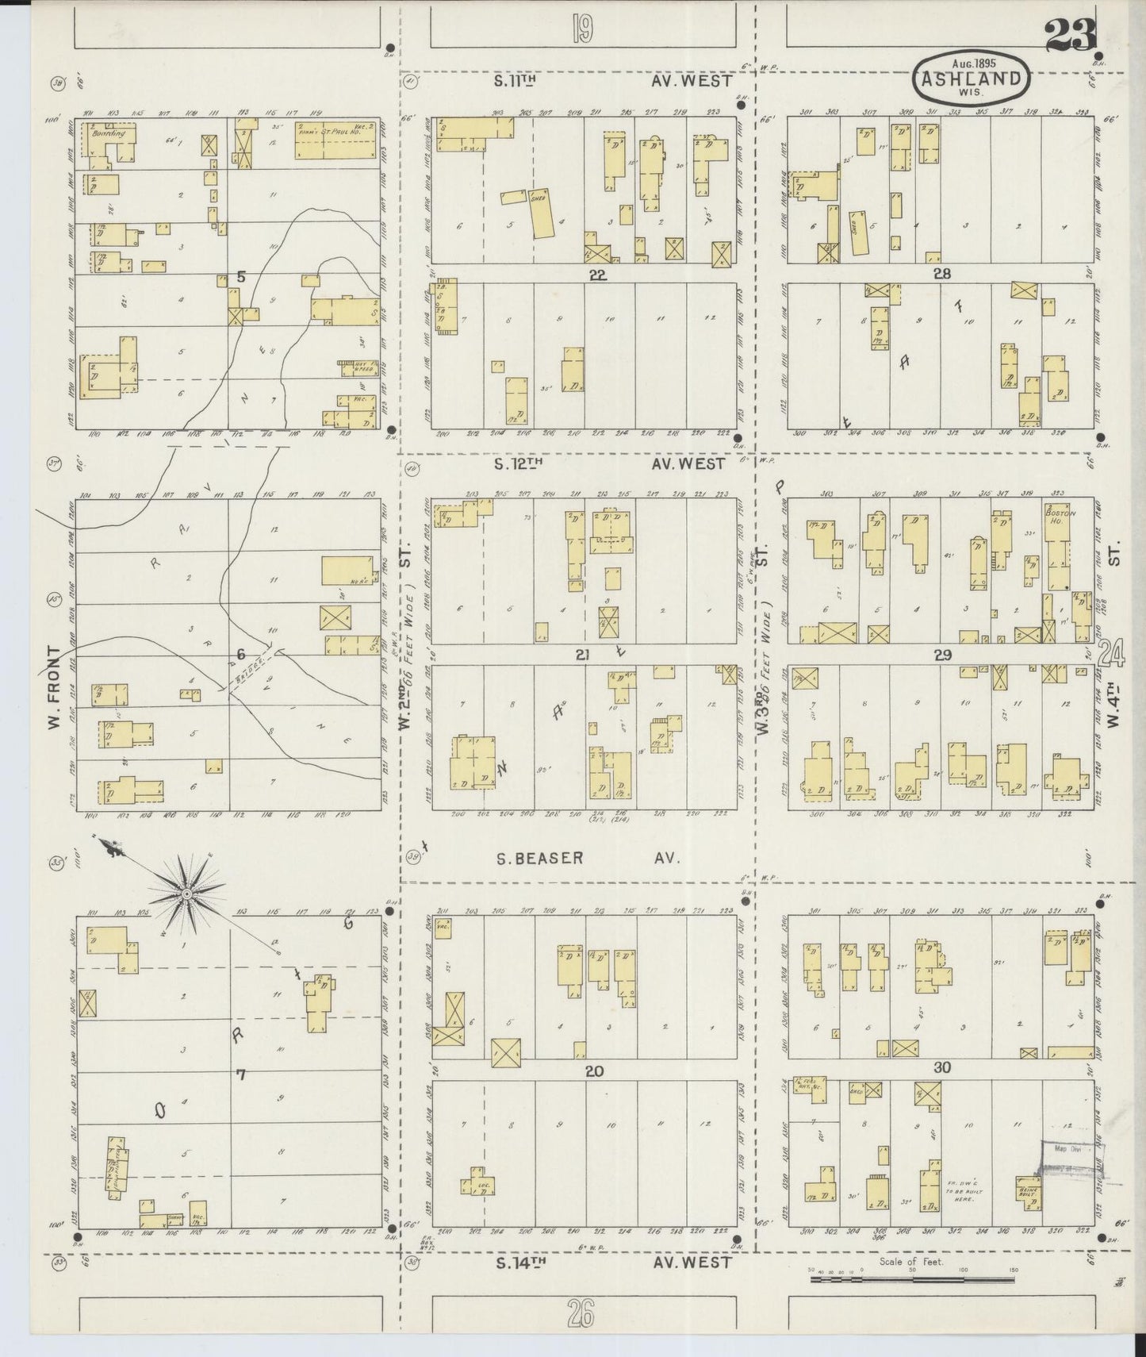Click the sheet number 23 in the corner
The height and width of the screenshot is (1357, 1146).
pyautogui.click(x=1070, y=34)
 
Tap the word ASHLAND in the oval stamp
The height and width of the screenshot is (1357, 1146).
pyautogui.click(x=972, y=79)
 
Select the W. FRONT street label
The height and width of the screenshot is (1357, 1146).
pyautogui.click(x=53, y=687)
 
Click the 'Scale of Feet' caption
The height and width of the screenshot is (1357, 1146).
pyautogui.click(x=910, y=1262)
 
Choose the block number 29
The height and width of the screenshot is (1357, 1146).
pyautogui.click(x=942, y=655)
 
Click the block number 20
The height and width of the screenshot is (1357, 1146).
pyautogui.click(x=594, y=1071)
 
